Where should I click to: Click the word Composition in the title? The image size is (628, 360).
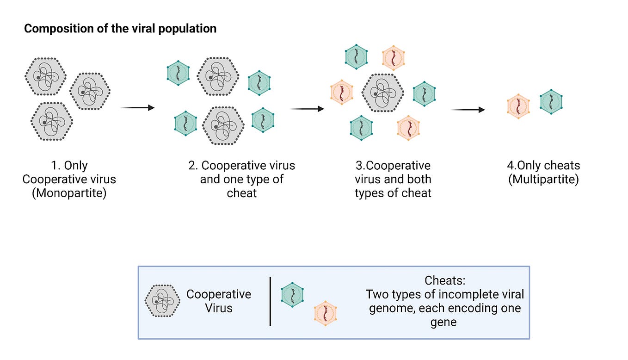click(59, 29)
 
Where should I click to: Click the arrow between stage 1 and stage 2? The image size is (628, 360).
click(137, 108)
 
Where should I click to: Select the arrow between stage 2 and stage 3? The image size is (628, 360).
click(307, 109)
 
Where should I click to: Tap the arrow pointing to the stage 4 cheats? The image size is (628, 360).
click(468, 110)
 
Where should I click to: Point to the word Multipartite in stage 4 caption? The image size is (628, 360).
click(544, 180)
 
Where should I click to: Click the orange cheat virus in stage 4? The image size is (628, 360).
click(518, 106)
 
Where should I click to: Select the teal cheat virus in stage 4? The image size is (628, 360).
click(551, 102)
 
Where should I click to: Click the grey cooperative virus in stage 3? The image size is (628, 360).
click(383, 93)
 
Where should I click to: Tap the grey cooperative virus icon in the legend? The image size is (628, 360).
click(163, 301)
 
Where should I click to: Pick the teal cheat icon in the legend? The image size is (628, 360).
click(292, 295)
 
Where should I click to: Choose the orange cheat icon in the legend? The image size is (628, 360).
click(325, 313)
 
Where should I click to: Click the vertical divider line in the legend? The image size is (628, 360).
click(270, 301)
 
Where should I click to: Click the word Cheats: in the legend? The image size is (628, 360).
click(445, 280)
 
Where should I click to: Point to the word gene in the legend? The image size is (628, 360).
click(443, 323)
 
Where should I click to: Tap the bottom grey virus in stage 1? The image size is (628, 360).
click(52, 121)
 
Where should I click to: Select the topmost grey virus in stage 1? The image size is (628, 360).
click(46, 76)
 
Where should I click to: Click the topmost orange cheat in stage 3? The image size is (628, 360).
click(394, 58)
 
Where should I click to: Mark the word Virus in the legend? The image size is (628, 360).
click(219, 308)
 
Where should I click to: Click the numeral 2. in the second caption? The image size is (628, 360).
click(193, 166)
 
